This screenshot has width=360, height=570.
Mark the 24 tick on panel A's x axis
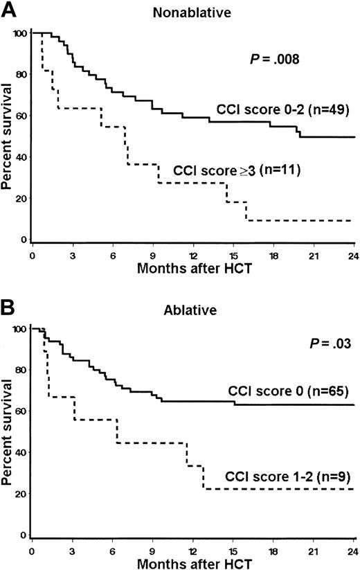(x=353, y=254)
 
